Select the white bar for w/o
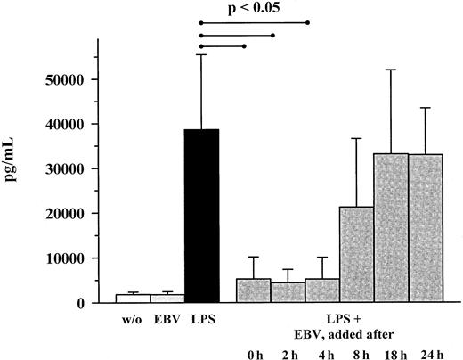(x=133, y=298)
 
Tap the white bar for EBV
(x=167, y=298)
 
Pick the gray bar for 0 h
(x=254, y=290)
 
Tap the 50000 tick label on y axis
(x=65, y=79)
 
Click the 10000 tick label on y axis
(x=65, y=258)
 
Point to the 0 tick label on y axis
(x=80, y=303)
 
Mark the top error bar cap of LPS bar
(x=201, y=54)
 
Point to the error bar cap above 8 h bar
(x=358, y=138)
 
